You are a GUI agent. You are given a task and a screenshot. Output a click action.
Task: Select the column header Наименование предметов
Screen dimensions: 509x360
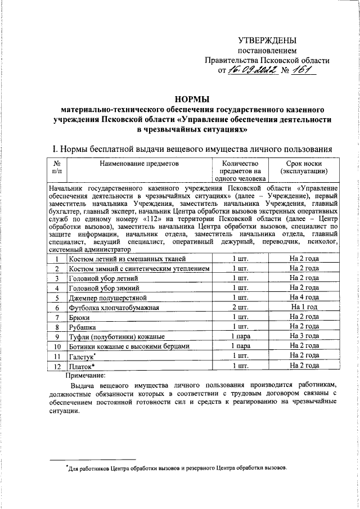[x=138, y=163]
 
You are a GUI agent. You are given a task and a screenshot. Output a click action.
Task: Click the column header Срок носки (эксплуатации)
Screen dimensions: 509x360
[x=304, y=168]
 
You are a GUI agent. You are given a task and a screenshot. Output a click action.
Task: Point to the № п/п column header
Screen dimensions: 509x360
[x=57, y=167]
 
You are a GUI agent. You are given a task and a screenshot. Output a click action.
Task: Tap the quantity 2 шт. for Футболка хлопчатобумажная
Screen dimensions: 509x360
[x=240, y=307]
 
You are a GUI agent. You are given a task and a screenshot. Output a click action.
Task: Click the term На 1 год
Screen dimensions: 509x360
[x=304, y=307]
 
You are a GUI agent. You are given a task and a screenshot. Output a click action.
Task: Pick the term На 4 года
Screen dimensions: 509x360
[x=304, y=297]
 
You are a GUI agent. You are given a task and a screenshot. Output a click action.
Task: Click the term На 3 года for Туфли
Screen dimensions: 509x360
[x=304, y=336]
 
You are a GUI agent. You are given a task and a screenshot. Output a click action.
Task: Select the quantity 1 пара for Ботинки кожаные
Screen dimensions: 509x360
[x=240, y=345]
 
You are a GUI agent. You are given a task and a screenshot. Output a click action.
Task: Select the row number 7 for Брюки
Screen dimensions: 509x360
[x=57, y=317]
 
